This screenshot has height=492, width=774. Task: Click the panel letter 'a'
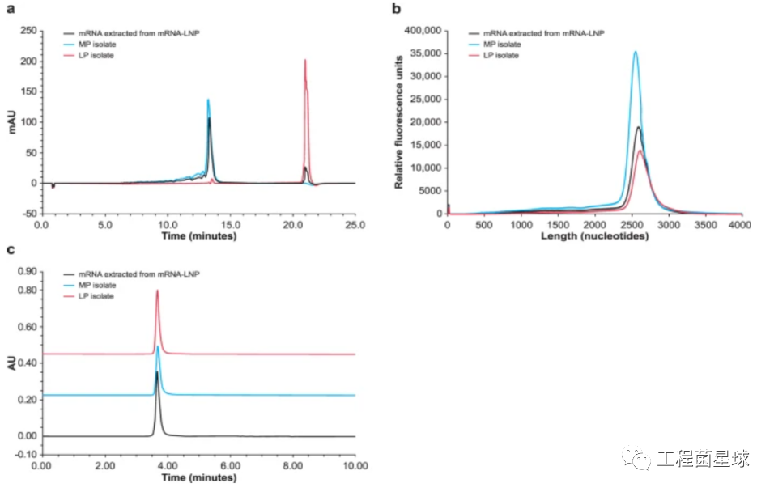click(10, 10)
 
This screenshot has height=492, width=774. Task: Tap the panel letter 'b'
click(396, 10)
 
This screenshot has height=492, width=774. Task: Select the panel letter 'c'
click(10, 248)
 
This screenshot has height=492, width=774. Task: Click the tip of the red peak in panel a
click(305, 60)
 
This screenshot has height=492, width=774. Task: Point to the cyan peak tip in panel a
click(208, 100)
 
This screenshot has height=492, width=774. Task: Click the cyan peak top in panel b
click(636, 52)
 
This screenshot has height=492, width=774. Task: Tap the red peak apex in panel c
click(157, 291)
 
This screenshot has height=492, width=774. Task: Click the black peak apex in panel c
click(157, 371)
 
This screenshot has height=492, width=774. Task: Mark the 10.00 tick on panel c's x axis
click(355, 468)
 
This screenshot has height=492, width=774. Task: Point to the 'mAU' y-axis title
click(11, 122)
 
